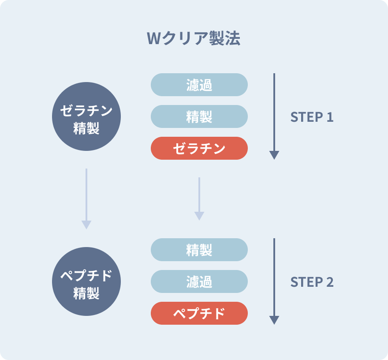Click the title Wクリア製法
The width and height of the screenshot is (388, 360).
pyautogui.click(x=194, y=38)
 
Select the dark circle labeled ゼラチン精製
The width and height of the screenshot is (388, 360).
pyautogui.click(x=86, y=116)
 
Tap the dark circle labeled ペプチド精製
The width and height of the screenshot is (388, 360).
pyautogui.click(x=86, y=281)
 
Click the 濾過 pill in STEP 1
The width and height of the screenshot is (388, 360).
pyautogui.click(x=199, y=85)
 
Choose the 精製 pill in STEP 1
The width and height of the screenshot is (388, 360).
pyautogui.click(x=199, y=116)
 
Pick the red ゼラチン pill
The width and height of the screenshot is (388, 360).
pyautogui.click(x=199, y=148)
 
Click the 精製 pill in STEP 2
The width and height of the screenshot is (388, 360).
pyautogui.click(x=199, y=250)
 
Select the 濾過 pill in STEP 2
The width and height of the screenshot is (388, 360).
pyautogui.click(x=199, y=281)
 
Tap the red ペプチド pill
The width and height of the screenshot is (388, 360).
pyautogui.click(x=199, y=313)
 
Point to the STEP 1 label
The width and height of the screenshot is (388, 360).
pyautogui.click(x=312, y=117)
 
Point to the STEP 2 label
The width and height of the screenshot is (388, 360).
pyautogui.click(x=312, y=282)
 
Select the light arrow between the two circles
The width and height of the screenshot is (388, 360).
pyautogui.click(x=86, y=199)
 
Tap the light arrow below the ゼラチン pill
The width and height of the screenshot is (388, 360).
pyautogui.click(x=199, y=199)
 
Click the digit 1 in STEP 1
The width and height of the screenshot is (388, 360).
pyautogui.click(x=330, y=117)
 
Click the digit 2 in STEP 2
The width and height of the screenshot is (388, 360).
pyautogui.click(x=330, y=282)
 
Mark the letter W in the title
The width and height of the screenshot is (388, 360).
pyautogui.click(x=154, y=39)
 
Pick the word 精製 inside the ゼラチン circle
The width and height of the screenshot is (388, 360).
pyautogui.click(x=86, y=128)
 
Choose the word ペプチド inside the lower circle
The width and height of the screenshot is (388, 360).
pyautogui.click(x=86, y=275)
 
